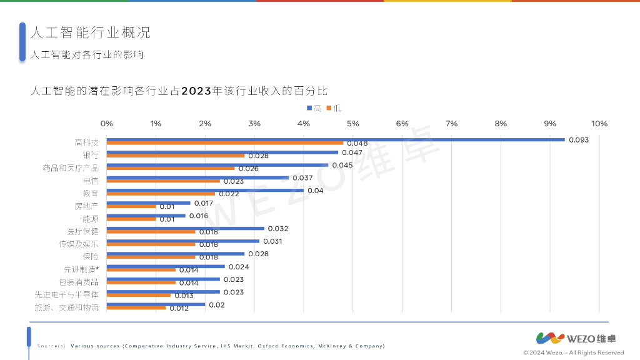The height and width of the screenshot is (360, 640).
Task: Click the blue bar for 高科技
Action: point(336,139)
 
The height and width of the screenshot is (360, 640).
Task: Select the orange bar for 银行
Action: point(176,156)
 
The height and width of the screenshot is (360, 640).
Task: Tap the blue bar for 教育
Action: point(205,190)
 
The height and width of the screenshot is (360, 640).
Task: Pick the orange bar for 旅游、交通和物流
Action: point(136,307)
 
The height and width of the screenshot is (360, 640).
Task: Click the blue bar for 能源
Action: point(146,216)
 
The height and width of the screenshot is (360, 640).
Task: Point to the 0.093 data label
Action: point(579,140)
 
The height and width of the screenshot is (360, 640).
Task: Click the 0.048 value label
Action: point(357,144)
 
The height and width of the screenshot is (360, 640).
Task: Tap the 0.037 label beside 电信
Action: point(302,177)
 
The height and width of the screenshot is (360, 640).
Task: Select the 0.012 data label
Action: point(179,308)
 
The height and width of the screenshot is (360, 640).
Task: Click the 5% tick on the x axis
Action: point(353,124)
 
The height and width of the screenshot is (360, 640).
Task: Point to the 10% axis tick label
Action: point(599,124)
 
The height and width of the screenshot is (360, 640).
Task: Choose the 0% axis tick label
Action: point(107,124)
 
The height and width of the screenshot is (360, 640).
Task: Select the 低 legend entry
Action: point(334,108)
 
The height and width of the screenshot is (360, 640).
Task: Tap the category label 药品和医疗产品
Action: point(71,167)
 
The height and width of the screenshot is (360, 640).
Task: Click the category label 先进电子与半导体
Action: point(67,294)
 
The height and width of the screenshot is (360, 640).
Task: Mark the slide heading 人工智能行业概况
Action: point(91,32)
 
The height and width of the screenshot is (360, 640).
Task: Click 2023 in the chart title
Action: point(197,91)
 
